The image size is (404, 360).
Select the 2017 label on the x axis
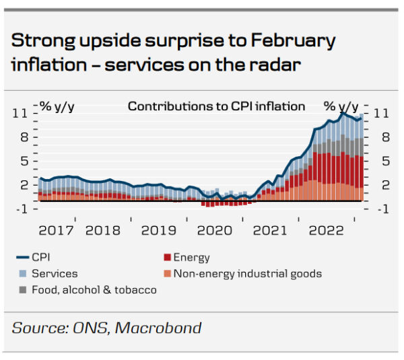57,230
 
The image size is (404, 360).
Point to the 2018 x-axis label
103,230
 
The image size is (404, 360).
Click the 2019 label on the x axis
159,230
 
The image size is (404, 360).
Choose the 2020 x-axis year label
215,230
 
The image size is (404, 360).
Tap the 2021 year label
270,230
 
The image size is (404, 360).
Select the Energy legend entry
191,257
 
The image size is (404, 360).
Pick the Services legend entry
55,273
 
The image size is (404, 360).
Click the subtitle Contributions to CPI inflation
216,106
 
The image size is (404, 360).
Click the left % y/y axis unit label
57,106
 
